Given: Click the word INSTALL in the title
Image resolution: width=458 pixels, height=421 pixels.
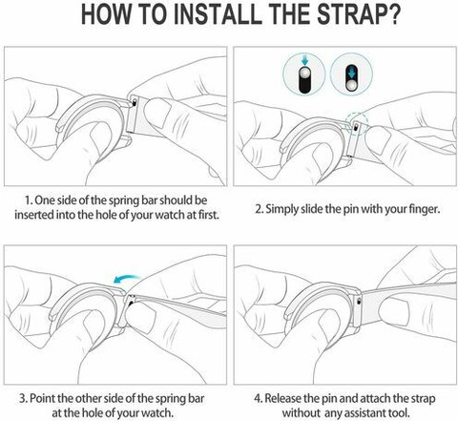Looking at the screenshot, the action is (216, 13).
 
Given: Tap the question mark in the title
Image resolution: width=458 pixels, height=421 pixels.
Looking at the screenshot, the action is (391, 13).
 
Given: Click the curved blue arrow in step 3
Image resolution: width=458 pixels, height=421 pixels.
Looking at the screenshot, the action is (127, 279).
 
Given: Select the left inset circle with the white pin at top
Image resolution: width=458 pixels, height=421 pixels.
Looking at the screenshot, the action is (304, 74).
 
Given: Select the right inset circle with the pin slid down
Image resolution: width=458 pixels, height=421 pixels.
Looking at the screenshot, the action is (351, 74).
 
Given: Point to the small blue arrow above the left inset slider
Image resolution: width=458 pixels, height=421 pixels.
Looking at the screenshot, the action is (305, 60).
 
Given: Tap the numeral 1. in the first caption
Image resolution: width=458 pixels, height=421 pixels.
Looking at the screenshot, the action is (29, 200).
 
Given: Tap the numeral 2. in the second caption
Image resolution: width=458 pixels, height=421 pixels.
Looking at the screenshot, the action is (260, 209).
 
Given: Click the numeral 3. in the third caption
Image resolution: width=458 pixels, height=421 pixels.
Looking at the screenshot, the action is (24, 398).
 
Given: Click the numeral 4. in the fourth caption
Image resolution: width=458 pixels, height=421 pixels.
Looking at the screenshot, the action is (258, 398).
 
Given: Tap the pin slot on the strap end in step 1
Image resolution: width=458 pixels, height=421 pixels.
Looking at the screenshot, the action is (135, 102).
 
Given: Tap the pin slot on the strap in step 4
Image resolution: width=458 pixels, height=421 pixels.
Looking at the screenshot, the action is (360, 301).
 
